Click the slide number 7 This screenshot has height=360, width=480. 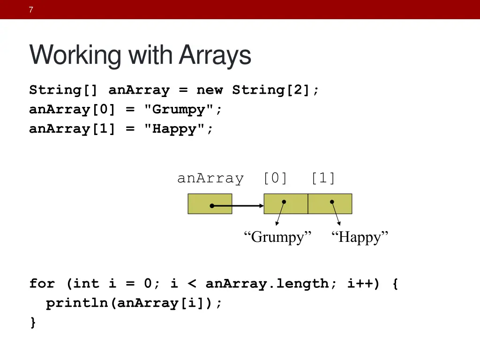coord(30,10)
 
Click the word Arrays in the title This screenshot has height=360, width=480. coord(215,55)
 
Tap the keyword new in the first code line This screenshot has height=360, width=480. coord(210,90)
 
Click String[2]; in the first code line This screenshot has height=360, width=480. coord(276,90)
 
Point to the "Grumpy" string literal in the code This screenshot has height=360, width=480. coord(183,110)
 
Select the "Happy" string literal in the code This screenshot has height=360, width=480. coord(178,129)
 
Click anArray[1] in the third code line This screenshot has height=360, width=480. coord(72,129)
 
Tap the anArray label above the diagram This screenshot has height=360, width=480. coord(210,179)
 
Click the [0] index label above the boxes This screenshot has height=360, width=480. coord(276,179)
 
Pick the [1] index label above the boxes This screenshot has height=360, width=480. coord(323,179)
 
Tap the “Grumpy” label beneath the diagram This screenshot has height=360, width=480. coord(277,237)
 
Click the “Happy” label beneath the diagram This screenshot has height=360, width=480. coord(360,237)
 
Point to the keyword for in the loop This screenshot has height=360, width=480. coord(42,284)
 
